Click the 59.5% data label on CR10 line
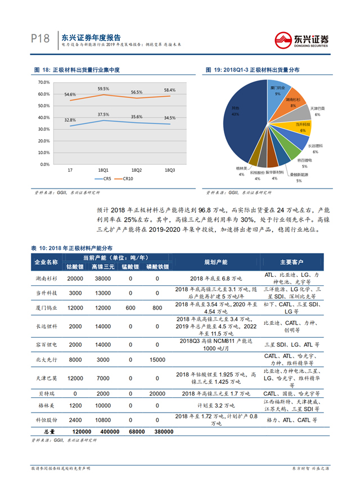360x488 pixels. tap(103, 88)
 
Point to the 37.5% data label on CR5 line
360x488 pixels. tap(103, 114)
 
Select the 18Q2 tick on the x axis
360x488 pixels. tap(136, 169)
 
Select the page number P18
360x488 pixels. tap(40, 39)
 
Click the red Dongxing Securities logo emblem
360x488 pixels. tap(282, 39)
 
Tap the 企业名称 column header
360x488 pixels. tap(46, 262)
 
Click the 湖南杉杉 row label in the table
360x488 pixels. tap(46, 278)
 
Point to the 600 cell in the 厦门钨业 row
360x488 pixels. tap(130, 308)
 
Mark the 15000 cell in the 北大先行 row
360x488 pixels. tap(157, 360)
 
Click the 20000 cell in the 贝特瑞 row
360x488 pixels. tap(157, 393)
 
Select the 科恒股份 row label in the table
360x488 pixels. tap(46, 419)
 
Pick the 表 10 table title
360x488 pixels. tap(71, 248)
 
